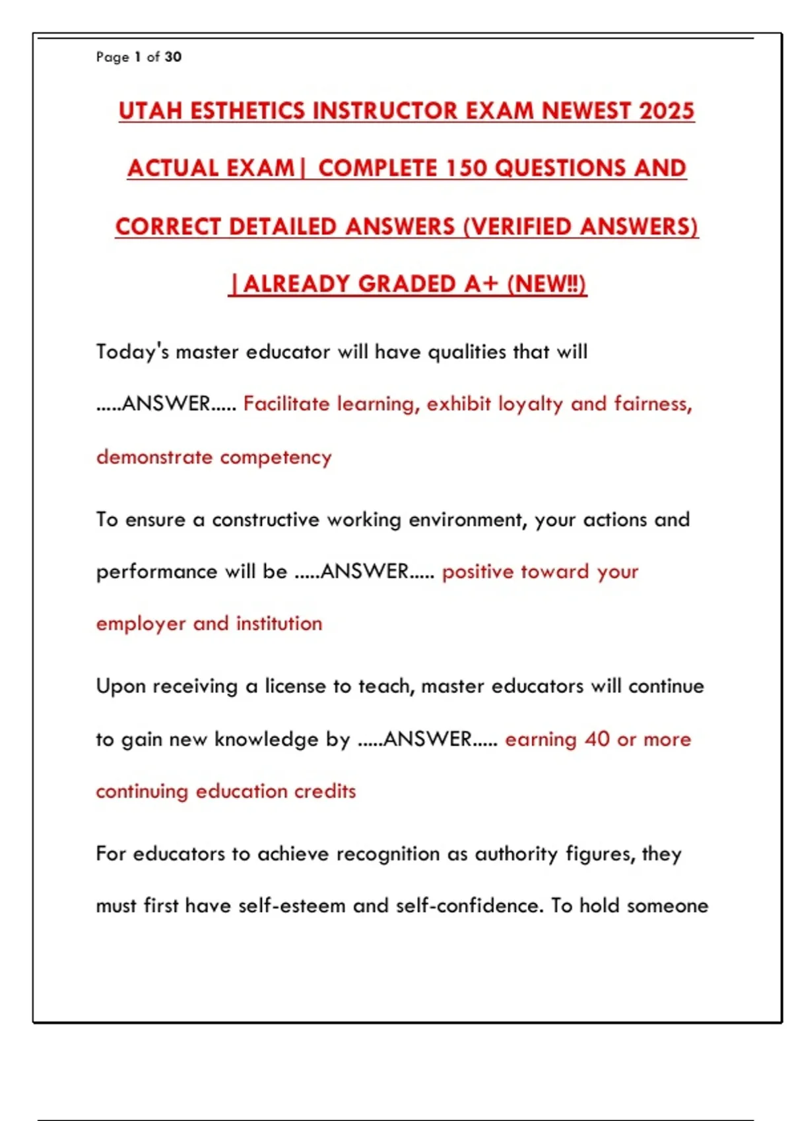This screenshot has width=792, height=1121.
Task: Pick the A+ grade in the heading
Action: coord(481,284)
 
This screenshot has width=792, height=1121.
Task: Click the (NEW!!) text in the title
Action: coord(546,284)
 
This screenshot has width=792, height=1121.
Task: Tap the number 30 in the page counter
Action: coord(173,57)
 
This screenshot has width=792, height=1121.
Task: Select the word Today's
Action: coord(133,351)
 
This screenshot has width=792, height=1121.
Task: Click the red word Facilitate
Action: coord(286,404)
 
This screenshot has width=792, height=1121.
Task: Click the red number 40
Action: coord(597,739)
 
